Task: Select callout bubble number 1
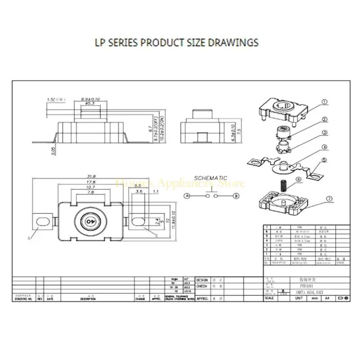coord(325,102)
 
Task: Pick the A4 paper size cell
coord(327,298)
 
